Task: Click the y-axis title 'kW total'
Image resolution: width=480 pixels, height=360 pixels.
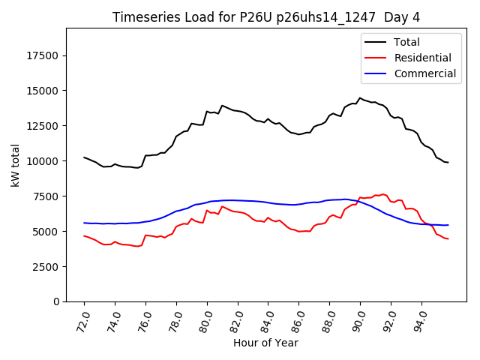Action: [16, 165]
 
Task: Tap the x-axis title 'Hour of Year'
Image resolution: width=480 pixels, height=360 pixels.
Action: [265, 343]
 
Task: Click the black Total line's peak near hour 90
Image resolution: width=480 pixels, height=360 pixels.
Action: [360, 97]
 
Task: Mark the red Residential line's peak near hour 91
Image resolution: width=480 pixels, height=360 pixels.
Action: [382, 194]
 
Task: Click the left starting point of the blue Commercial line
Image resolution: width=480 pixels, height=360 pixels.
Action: [84, 223]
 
